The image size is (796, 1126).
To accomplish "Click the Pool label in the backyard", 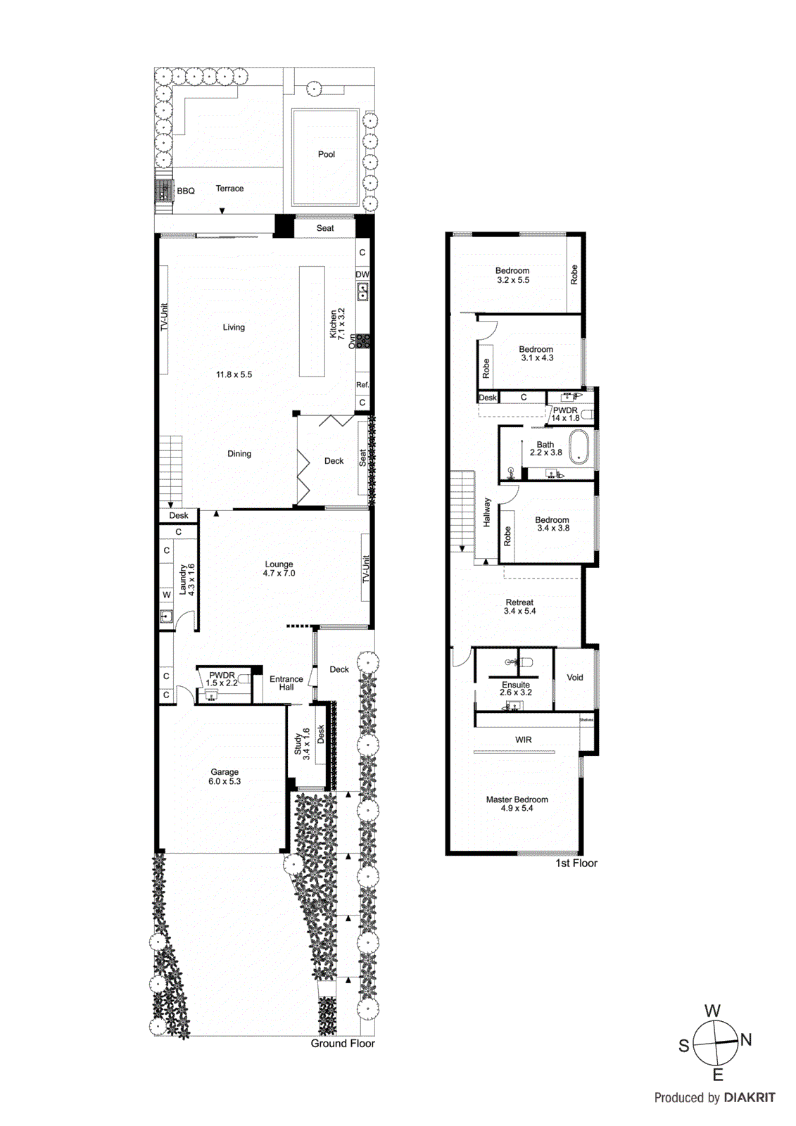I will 326,154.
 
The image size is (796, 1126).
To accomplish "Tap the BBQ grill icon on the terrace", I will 163,190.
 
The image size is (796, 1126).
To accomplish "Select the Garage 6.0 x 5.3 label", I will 225,776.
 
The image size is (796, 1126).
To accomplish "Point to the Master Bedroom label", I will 517,804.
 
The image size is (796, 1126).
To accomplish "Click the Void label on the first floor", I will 575,678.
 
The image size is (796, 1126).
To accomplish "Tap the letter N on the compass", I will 746,1039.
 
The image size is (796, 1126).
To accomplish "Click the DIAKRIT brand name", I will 749,1098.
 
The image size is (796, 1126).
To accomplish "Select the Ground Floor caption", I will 342,1044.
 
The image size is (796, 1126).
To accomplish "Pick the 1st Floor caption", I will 576,864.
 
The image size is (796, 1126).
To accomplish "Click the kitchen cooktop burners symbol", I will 362,342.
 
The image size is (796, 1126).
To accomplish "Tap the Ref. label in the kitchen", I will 362,385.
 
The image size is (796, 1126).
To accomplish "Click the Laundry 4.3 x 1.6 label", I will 187,579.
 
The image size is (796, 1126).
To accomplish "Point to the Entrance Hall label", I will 286,683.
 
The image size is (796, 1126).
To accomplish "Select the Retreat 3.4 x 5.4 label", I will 519,607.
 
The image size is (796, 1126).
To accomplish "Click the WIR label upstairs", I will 523,740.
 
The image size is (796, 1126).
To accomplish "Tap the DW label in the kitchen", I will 362,274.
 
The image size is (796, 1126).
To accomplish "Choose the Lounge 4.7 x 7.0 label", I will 279,569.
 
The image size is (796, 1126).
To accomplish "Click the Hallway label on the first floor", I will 487,512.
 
